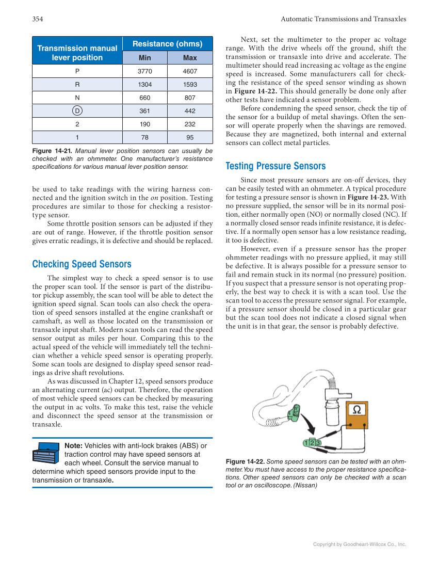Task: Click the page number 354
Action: [x=37, y=19]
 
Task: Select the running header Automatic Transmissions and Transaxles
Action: [x=343, y=19]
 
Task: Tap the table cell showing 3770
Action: [x=144, y=71]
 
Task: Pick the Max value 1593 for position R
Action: [x=190, y=85]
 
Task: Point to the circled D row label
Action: [x=77, y=111]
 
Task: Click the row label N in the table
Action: [x=77, y=98]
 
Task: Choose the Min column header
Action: [x=144, y=58]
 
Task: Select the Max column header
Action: [x=190, y=58]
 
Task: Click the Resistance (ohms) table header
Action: [x=167, y=44]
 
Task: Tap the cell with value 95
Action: [x=190, y=137]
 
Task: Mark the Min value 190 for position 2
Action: [x=144, y=124]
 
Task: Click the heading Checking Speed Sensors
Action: [x=82, y=264]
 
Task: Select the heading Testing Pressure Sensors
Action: [x=275, y=166]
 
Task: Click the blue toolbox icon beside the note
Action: [x=46, y=453]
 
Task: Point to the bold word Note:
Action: [x=73, y=446]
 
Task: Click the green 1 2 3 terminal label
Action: [x=312, y=443]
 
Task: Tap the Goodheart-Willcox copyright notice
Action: [x=360, y=544]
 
